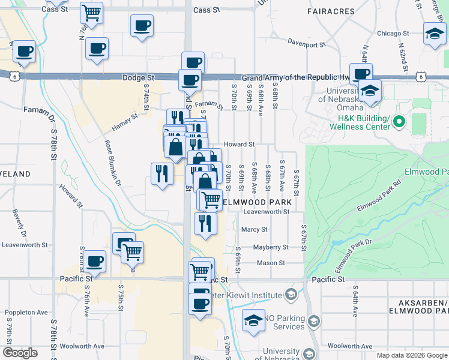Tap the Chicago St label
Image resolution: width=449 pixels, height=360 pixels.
coord(393,34)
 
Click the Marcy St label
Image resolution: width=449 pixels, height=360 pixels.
coord(254,229)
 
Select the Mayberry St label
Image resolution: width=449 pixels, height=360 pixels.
coord(271,247)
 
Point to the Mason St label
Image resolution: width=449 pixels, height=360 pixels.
coord(271,263)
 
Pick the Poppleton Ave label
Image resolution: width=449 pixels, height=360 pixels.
coord(26,313)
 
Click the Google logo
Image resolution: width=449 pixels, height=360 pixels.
coord(20,353)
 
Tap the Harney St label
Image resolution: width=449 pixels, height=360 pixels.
coord(125,124)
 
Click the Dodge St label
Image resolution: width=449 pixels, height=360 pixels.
coord(139,78)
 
